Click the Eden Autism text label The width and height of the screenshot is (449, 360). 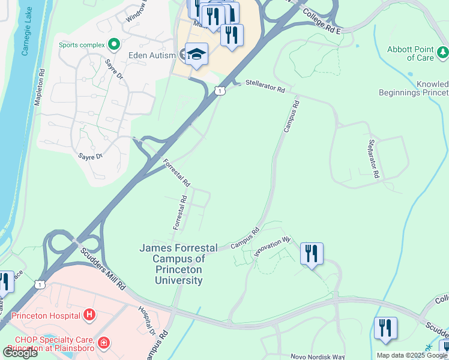click(x=142, y=55)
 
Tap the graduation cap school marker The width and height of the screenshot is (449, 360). click(x=196, y=55)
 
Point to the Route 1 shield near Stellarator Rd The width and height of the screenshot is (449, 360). click(x=220, y=90)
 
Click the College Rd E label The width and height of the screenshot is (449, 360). click(x=321, y=21)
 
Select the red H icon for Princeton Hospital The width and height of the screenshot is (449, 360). click(x=89, y=314)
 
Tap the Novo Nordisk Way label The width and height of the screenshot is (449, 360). click(x=318, y=356)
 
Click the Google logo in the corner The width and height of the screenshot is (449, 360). click(x=20, y=353)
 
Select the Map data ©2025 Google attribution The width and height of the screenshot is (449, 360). click(x=412, y=355)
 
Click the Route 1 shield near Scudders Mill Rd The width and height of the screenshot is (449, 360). click(x=40, y=283)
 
